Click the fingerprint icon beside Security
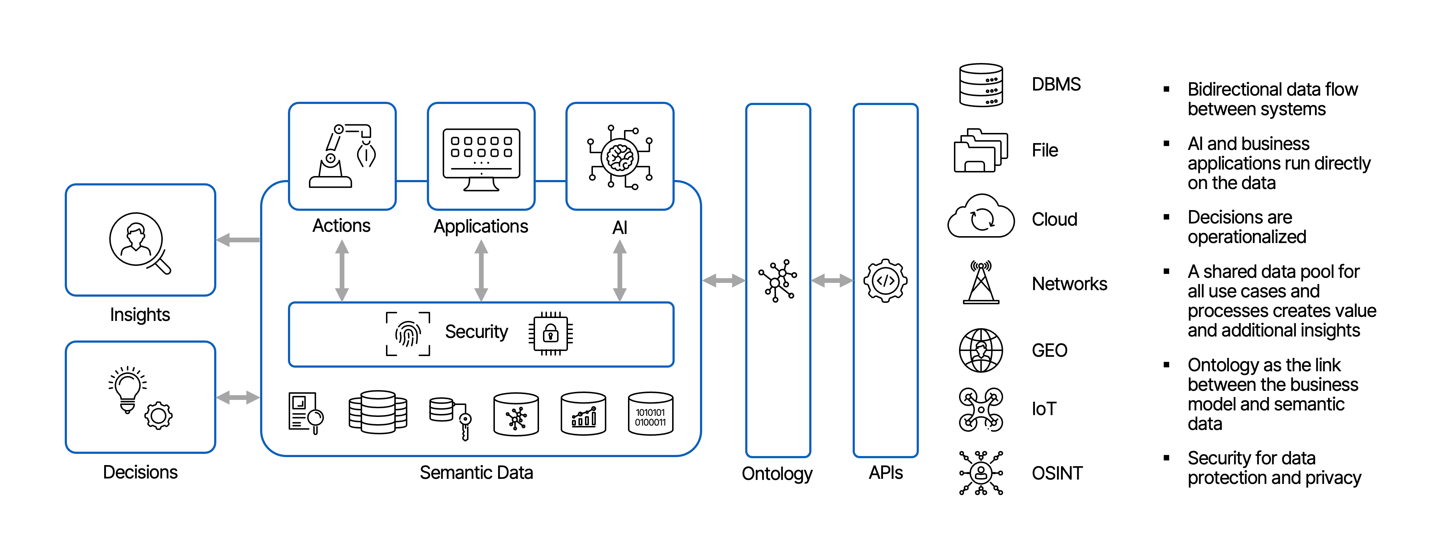(x=408, y=334)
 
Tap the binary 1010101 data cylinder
(x=650, y=414)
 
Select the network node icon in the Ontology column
(x=777, y=280)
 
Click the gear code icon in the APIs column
(x=885, y=280)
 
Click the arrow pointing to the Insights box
(x=238, y=240)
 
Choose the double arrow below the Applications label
(x=481, y=271)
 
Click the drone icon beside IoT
(x=981, y=409)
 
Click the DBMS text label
(x=1056, y=84)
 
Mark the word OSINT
(x=1057, y=473)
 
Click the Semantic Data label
(x=476, y=473)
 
